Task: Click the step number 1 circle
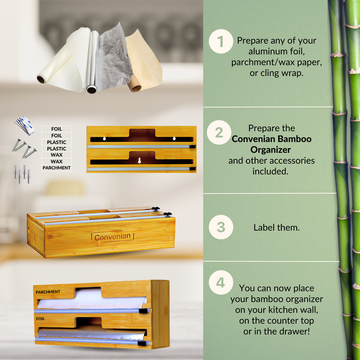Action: pyautogui.click(x=221, y=41)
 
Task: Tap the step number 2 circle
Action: pyautogui.click(x=219, y=133)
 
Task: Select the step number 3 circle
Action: pyautogui.click(x=221, y=227)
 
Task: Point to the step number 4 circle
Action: pyautogui.click(x=221, y=282)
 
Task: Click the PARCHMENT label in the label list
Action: pyautogui.click(x=57, y=168)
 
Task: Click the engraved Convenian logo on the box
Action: pyautogui.click(x=113, y=237)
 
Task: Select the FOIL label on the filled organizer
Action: pyautogui.click(x=41, y=319)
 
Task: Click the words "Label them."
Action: pyautogui.click(x=277, y=227)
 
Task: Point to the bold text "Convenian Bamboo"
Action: pyautogui.click(x=272, y=139)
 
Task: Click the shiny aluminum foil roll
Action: pyautogui.click(x=93, y=62)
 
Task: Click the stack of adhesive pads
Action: pyautogui.click(x=25, y=125)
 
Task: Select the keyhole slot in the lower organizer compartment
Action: pyautogui.click(x=139, y=160)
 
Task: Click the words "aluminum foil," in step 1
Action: pyautogui.click(x=277, y=51)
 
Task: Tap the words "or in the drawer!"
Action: pyautogui.click(x=277, y=331)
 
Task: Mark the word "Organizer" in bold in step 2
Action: pyautogui.click(x=271, y=150)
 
